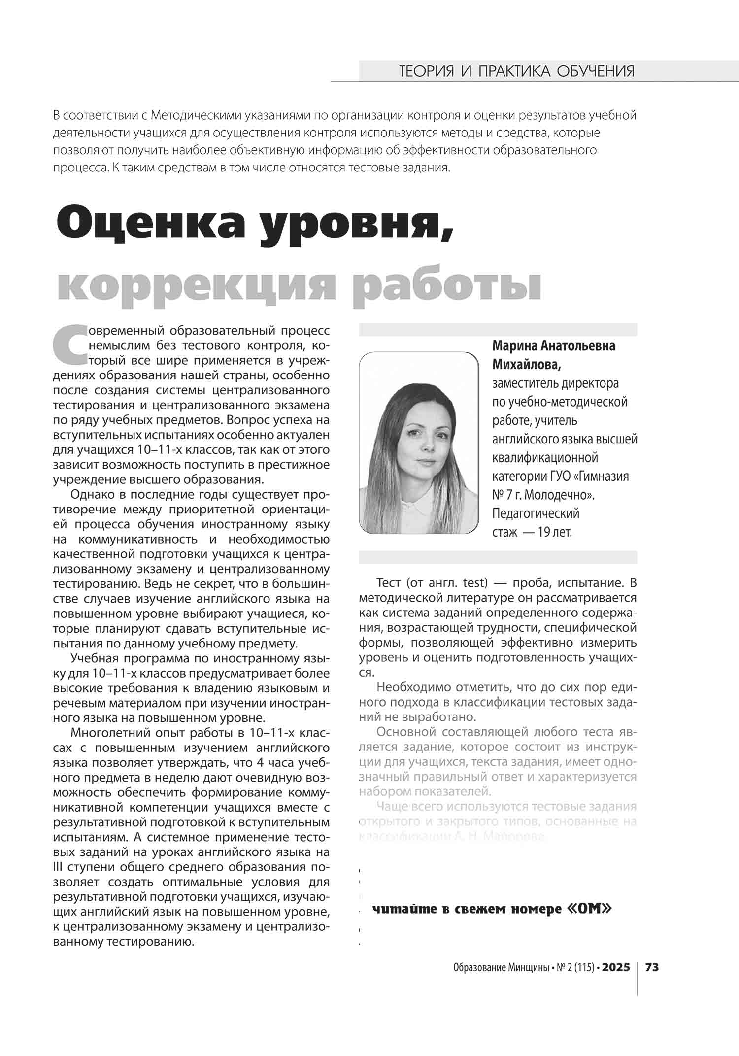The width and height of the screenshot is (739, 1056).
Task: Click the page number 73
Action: (652, 967)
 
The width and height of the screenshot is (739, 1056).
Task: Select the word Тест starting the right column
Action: (389, 583)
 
